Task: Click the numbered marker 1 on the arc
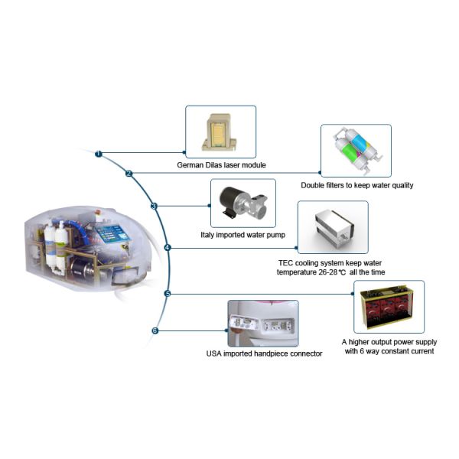(99, 154)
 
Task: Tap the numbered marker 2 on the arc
(129, 174)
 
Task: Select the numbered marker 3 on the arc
(154, 206)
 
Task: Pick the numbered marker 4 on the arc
(168, 247)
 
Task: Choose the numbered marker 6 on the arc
(155, 331)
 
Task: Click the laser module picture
(220, 132)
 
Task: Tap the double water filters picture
(356, 151)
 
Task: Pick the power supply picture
(389, 307)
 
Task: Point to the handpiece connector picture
(262, 324)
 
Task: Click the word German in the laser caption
(188, 164)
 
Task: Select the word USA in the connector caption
(216, 354)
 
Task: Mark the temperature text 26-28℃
(320, 272)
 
